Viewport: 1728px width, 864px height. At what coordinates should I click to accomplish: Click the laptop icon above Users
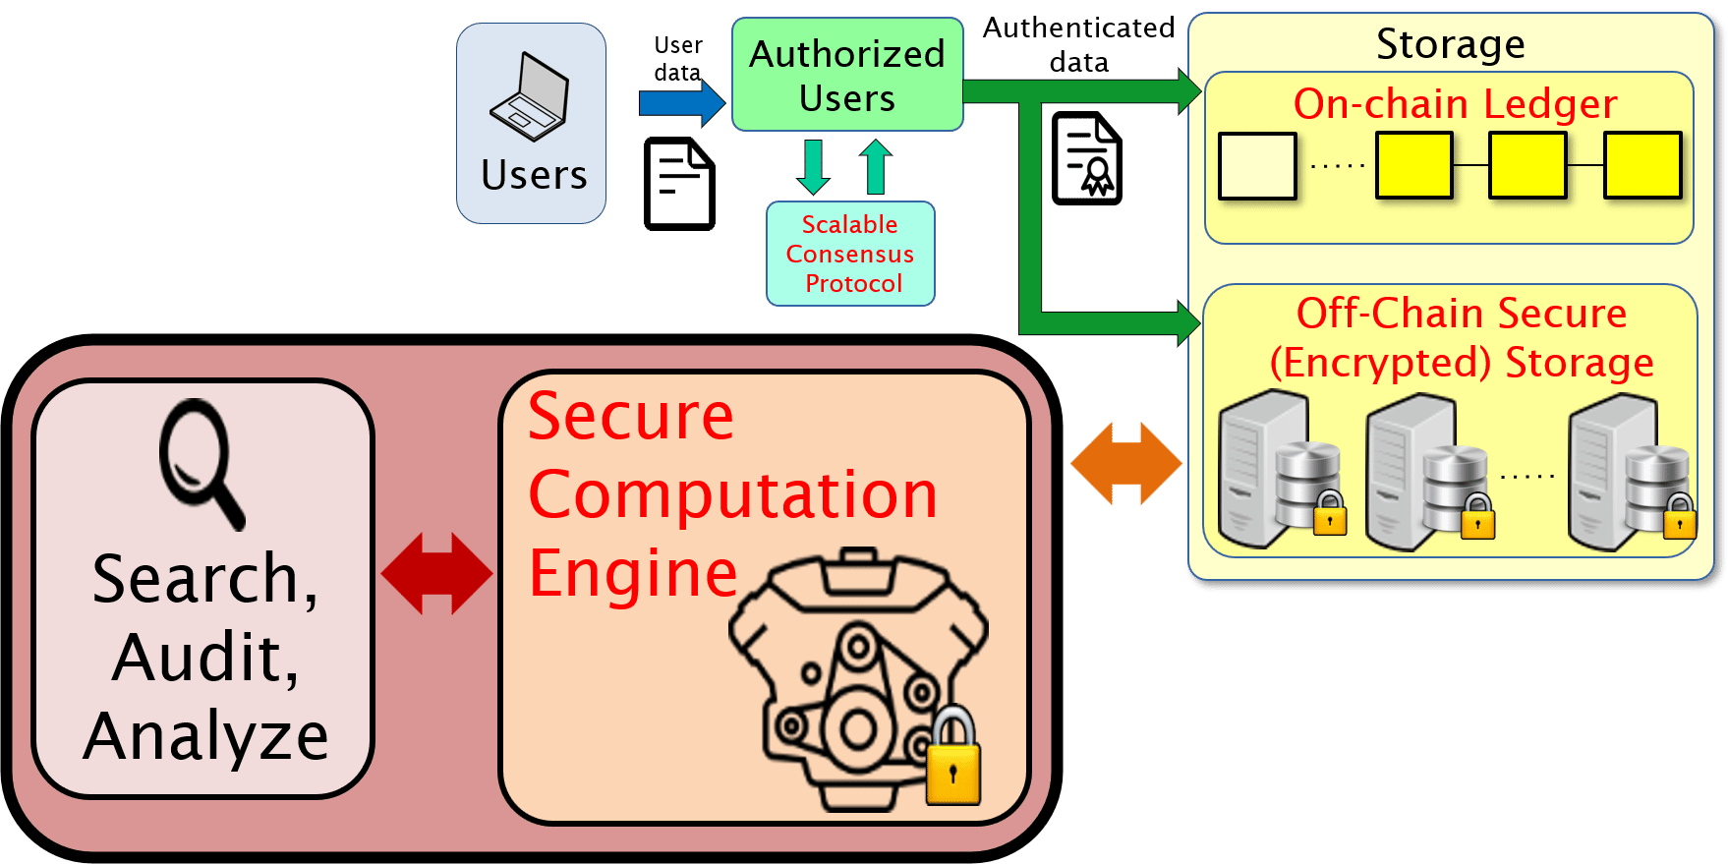click(x=531, y=98)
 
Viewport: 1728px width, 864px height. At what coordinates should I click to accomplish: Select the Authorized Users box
click(x=847, y=76)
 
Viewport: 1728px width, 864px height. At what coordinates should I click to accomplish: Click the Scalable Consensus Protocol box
click(x=850, y=254)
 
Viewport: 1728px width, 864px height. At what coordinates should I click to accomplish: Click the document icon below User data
click(x=679, y=184)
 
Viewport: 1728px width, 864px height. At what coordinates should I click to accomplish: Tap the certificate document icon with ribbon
click(x=1086, y=159)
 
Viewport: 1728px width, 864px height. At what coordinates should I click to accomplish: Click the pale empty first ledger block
click(x=1257, y=166)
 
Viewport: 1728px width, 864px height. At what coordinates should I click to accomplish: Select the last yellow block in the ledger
click(x=1642, y=166)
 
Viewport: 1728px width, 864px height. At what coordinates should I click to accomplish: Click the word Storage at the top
click(x=1450, y=44)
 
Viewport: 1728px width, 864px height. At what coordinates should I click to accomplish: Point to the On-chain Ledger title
click(x=1455, y=104)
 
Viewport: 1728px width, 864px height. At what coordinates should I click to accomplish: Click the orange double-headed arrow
click(x=1126, y=464)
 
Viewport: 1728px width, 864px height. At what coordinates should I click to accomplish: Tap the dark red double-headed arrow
click(x=436, y=574)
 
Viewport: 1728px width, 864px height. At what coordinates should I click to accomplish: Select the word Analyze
click(x=206, y=737)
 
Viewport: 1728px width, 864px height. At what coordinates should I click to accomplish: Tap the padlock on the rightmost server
click(x=1679, y=518)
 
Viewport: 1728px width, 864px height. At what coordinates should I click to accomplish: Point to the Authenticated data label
click(x=1078, y=44)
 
